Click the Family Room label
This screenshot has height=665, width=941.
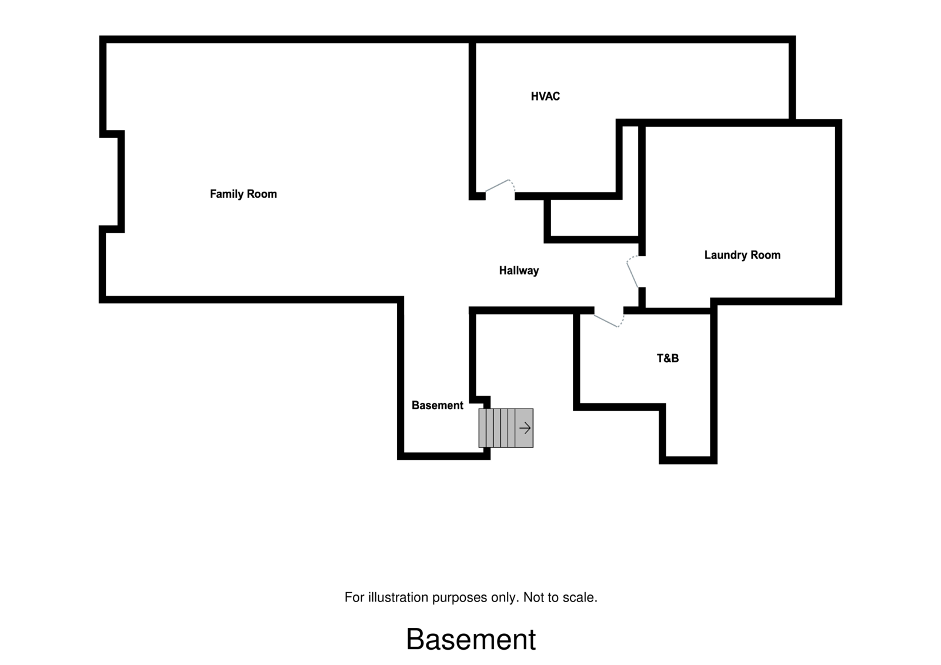click(x=243, y=194)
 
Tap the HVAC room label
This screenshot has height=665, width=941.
click(x=545, y=96)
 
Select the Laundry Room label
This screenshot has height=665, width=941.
click(x=742, y=255)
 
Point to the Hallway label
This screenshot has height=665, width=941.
click(x=519, y=270)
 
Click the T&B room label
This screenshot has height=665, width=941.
click(x=668, y=358)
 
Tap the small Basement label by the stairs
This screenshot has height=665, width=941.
click(x=437, y=405)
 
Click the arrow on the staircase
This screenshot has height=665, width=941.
click(x=525, y=428)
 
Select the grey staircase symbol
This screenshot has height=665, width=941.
click(x=505, y=428)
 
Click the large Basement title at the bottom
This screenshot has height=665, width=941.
click(x=470, y=639)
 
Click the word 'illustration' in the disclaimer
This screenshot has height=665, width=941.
click(x=398, y=597)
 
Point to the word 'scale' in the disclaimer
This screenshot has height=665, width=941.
click(x=579, y=597)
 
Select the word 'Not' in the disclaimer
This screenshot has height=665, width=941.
click(x=533, y=597)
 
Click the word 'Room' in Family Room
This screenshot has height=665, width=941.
click(x=262, y=194)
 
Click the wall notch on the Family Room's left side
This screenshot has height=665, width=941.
click(x=112, y=181)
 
